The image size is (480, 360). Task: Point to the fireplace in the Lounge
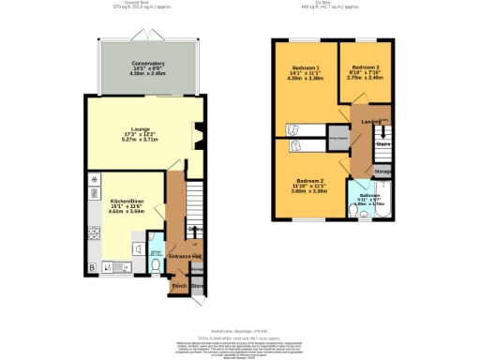(x=198, y=135)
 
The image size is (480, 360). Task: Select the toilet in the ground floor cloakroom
(x=155, y=265)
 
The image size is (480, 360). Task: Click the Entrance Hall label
(x=186, y=256)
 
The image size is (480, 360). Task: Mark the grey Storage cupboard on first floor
(x=382, y=172)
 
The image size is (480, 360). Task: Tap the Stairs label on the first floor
(x=382, y=144)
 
